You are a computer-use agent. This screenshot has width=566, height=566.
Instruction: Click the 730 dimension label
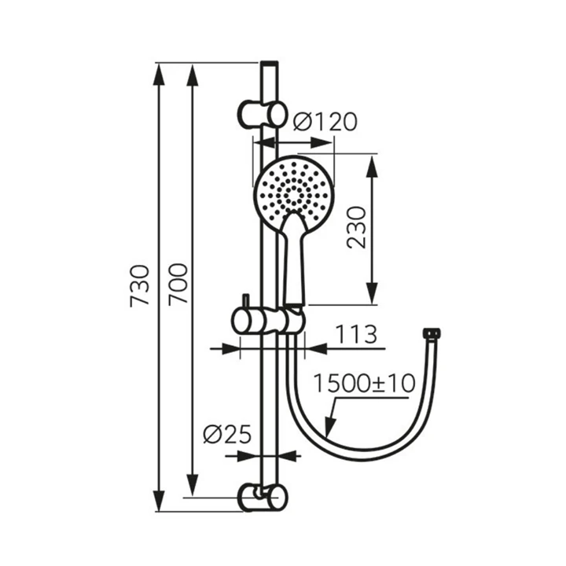(139, 286)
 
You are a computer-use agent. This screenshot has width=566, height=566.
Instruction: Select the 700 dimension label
(179, 284)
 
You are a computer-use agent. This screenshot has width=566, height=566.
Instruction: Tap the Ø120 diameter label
(325, 121)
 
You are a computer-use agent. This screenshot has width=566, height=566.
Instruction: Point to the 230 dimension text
(356, 227)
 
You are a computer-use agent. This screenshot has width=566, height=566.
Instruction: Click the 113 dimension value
(356, 334)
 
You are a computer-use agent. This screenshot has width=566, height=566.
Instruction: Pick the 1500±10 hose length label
(364, 384)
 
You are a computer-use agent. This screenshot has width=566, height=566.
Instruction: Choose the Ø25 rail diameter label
(226, 434)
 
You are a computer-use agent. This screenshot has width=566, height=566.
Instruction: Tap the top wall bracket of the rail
(262, 114)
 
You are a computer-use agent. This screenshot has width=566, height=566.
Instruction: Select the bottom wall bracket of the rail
(262, 498)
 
